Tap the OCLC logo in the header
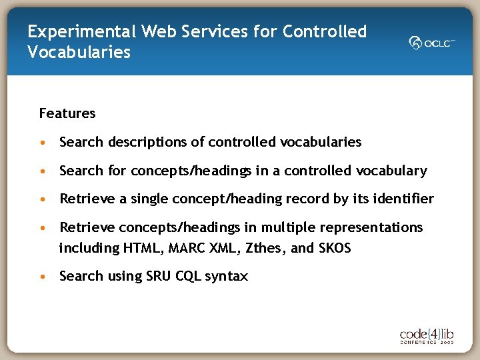431,43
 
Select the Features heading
67,113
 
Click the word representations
371,228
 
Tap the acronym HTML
143,249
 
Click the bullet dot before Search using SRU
43,276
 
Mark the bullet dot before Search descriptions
43,142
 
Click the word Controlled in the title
325,31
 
